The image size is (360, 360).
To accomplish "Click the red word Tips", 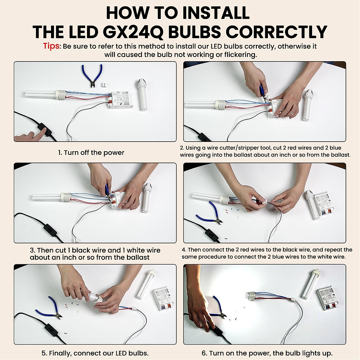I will tap(52, 46).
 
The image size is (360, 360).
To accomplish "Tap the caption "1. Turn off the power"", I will tap(91, 153).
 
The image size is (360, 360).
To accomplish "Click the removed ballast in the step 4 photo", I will tap(324, 205).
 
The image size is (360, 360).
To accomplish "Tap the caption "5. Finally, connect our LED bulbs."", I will tap(95, 353).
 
